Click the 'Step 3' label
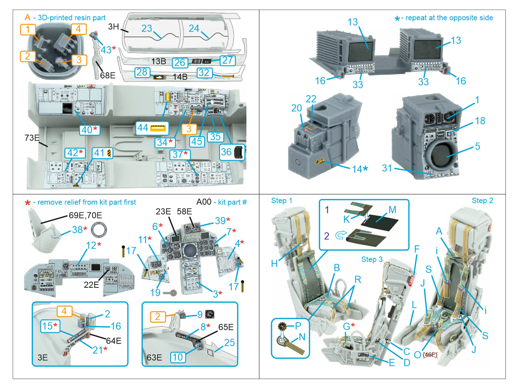pos(372,259)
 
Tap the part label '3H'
pos(113,27)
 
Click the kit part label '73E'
pos(32,138)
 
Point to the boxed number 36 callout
pos(231,152)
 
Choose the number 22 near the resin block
pos(311,99)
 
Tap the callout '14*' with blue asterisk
pos(360,169)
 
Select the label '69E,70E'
pos(85,215)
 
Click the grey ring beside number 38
pos(99,230)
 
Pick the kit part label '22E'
pos(91,285)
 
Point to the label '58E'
pos(184,211)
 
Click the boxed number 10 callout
pos(178,357)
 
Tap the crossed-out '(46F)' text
pos(430,355)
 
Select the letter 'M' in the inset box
pos(392,210)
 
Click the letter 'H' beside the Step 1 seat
pos(275,264)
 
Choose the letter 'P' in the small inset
pos(298,326)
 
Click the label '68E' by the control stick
pos(107,75)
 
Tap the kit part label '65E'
pos(226,327)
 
